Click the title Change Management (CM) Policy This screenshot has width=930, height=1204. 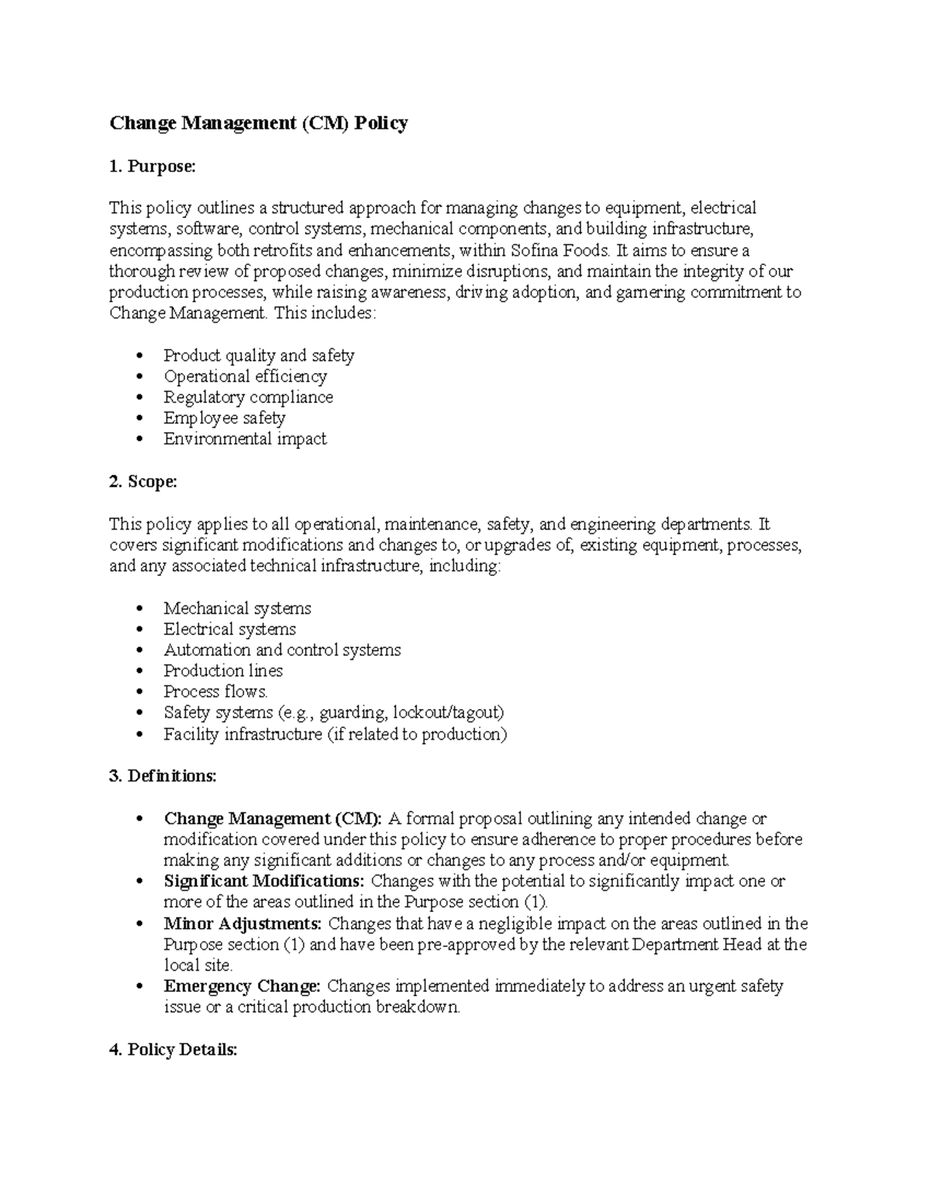point(258,123)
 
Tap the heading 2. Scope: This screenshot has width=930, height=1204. point(143,481)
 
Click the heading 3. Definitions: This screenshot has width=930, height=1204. point(163,776)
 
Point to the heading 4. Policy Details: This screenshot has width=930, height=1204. point(173,1050)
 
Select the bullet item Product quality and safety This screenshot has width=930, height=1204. point(258,356)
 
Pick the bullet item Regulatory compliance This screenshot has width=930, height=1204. point(248,397)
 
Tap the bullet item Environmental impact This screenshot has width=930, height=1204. point(245,439)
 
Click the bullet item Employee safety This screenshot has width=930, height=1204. point(224,418)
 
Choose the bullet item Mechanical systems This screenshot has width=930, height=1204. point(237,609)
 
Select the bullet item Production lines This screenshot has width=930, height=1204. point(222,671)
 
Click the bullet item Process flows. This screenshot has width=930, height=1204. point(215,692)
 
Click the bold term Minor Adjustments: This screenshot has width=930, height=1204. point(243,923)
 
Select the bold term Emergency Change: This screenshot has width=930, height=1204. point(242,986)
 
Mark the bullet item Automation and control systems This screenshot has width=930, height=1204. point(282,650)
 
